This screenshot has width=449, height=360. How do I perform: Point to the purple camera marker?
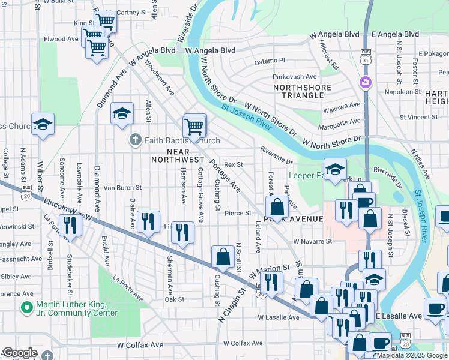point(364,82)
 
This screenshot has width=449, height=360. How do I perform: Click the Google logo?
point(20,353)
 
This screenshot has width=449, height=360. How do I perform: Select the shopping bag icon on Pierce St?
point(277,208)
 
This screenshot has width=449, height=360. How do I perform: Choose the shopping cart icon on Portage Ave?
point(194,127)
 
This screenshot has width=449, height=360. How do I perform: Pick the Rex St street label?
point(233,164)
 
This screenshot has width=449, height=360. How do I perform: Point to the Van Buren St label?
point(122,188)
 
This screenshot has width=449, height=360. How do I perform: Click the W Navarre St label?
point(312,241)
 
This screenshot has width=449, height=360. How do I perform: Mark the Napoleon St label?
point(402,92)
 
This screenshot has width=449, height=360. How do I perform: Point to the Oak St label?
point(174,299)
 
